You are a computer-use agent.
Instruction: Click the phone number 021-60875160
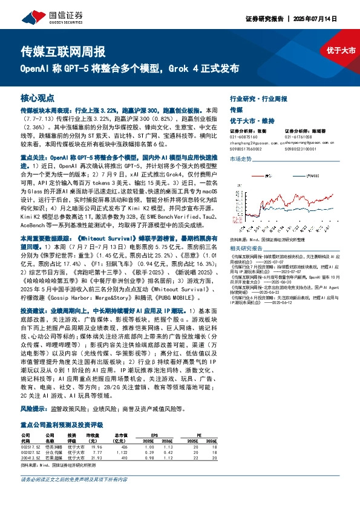[243, 137]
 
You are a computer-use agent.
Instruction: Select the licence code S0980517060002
[246, 149]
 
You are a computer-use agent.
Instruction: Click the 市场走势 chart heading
[240, 159]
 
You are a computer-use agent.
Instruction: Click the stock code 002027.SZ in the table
[30, 452]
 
